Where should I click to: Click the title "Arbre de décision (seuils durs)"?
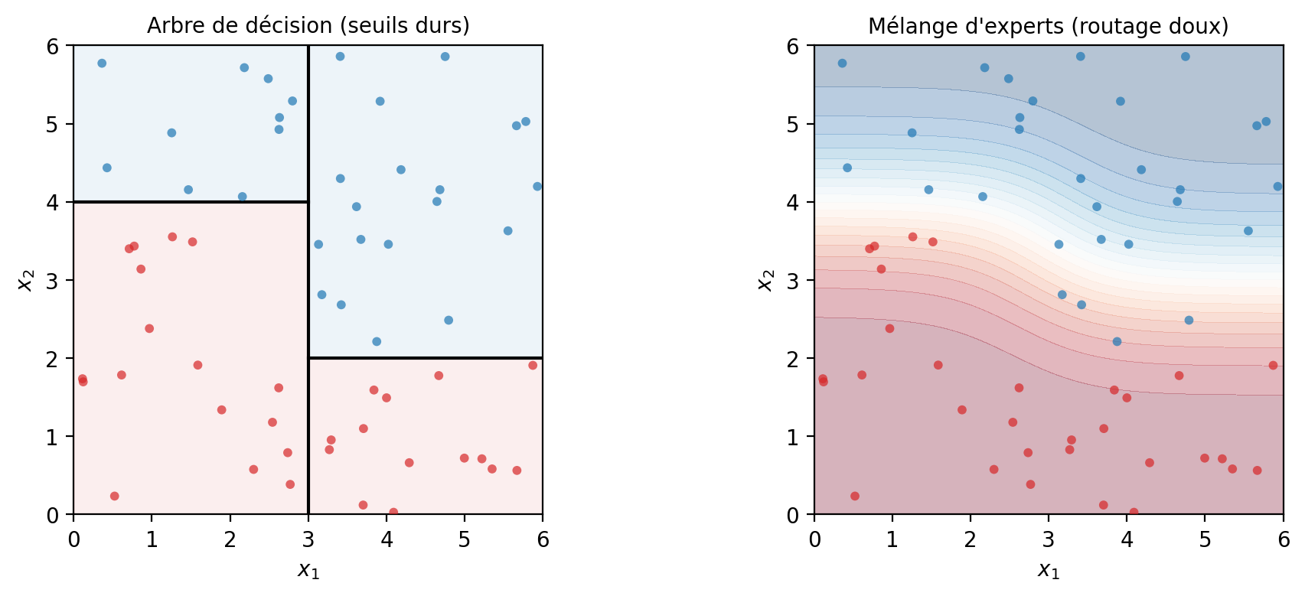coord(308,26)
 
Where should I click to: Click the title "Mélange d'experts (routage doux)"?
coord(1049,26)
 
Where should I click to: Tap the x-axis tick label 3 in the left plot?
coord(308,540)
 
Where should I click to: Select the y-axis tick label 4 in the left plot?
coord(53,202)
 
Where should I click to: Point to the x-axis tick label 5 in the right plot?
coord(1205,540)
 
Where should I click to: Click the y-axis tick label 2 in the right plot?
coord(793,358)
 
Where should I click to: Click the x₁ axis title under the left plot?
coord(308,570)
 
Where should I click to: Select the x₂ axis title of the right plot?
coord(765,280)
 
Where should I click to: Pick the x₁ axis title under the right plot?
coord(1049,570)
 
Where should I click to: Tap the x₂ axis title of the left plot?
coord(25,280)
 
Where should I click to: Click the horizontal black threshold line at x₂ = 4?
coord(191,202)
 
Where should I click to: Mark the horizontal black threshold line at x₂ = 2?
coord(426,358)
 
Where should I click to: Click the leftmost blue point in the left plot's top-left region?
coord(102,63)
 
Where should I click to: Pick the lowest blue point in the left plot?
coord(377,341)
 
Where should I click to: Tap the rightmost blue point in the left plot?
coord(537,187)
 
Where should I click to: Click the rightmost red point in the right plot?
coord(1273,365)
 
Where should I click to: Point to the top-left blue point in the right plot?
coord(842,63)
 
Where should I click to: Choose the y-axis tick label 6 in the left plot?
coord(53,46)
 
